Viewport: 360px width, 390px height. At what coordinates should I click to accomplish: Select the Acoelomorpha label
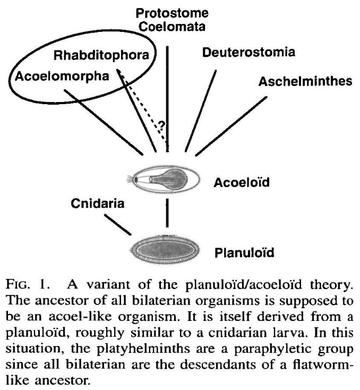tap(61, 76)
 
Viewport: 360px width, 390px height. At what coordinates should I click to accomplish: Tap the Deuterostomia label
tap(248, 53)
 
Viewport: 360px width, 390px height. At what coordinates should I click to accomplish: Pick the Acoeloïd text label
tap(242, 183)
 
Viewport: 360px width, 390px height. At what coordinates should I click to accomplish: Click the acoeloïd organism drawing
tap(167, 181)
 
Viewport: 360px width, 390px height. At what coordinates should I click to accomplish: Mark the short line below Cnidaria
tap(117, 224)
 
